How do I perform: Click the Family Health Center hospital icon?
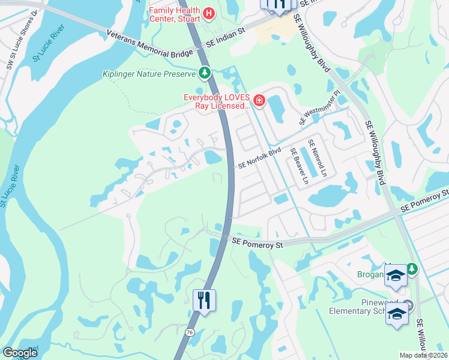[x=209, y=13]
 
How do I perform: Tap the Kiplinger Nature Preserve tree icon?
[x=205, y=73]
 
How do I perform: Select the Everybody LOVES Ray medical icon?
[x=259, y=100]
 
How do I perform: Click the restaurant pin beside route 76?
[x=204, y=300]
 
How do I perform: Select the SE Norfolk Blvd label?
[x=259, y=158]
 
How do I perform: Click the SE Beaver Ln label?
[x=298, y=166]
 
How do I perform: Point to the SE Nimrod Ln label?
[x=317, y=158]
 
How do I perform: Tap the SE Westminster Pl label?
[x=320, y=109]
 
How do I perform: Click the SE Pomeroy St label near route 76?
[x=258, y=244]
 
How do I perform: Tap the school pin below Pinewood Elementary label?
[x=397, y=314]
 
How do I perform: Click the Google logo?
[x=20, y=353]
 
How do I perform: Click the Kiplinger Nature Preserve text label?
[x=148, y=74]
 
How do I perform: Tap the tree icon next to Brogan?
[x=412, y=268]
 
